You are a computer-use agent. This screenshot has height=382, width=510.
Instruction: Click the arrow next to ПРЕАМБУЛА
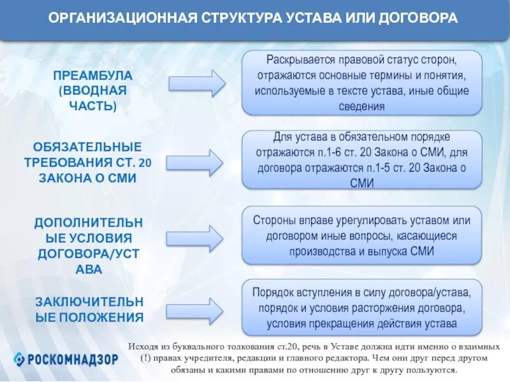coord(197,83)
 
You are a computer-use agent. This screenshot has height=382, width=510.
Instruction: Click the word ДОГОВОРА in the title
coord(423,18)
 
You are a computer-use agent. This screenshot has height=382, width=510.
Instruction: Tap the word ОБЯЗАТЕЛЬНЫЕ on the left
coord(88,147)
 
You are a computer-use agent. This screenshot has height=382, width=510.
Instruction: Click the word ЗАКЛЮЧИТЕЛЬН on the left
coord(89,301)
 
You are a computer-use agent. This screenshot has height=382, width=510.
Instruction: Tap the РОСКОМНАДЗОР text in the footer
coord(73,358)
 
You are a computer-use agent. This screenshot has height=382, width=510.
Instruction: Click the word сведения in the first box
coord(362,106)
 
